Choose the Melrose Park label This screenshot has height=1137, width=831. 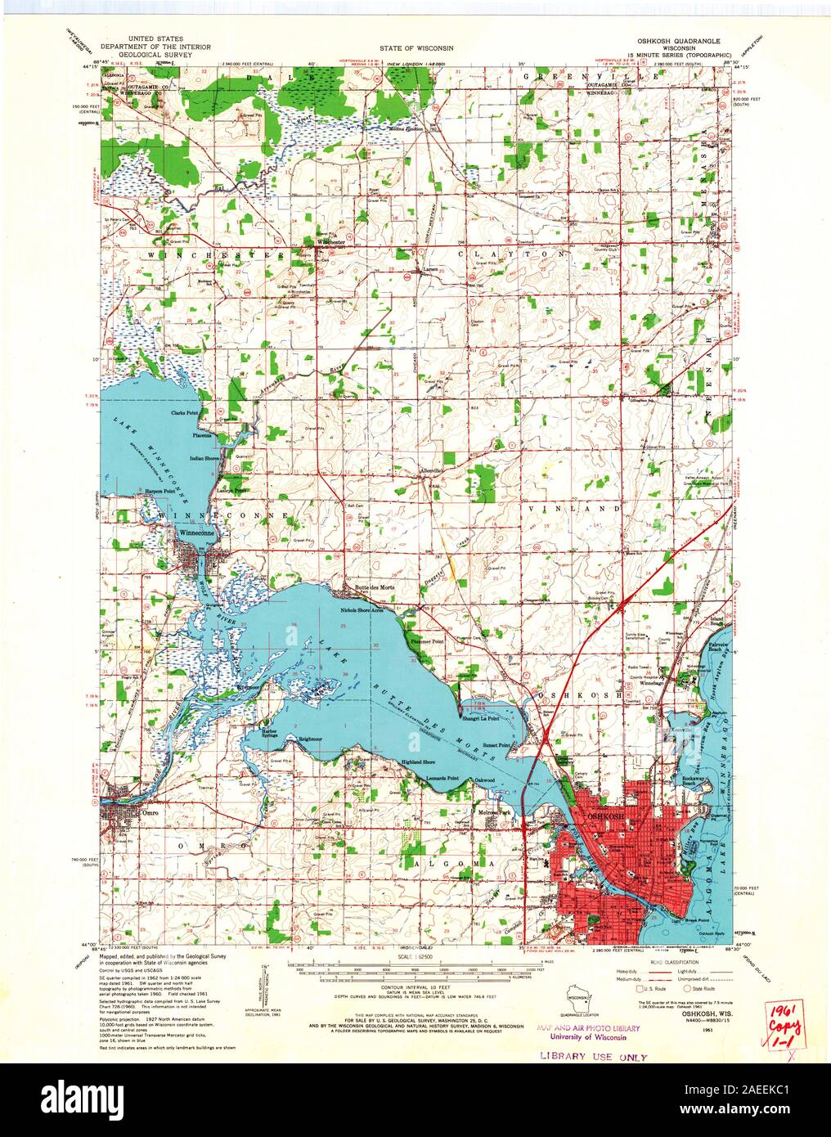pos(495,812)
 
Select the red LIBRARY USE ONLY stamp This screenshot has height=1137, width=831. pos(595,1056)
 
